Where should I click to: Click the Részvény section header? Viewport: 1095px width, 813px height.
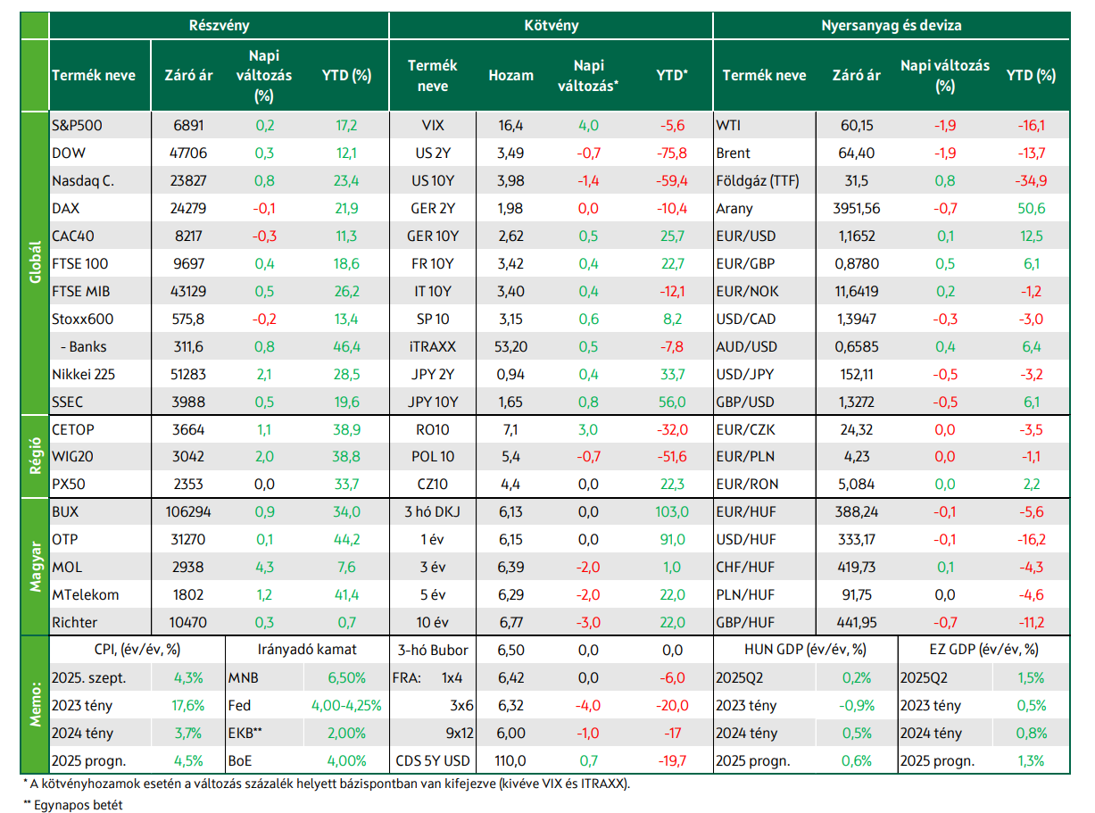point(219,25)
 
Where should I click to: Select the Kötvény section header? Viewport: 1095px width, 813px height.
point(551,25)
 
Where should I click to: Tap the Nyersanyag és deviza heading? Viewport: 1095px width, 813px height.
point(891,25)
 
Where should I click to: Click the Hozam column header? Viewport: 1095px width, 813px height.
point(510,75)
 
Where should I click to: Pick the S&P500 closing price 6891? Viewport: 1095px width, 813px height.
point(188,126)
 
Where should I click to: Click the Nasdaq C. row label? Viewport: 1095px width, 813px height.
point(83,181)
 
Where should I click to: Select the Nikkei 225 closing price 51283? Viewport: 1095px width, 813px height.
point(188,375)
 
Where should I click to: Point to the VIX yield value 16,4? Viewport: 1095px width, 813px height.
point(510,126)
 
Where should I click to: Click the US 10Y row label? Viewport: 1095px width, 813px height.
point(433,181)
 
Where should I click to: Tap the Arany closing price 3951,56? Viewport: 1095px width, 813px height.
point(856,209)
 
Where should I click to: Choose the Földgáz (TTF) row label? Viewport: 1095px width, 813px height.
point(758,181)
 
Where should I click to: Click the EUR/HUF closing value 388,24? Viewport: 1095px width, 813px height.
point(856,511)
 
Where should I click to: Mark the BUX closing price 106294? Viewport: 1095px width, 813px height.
point(188,511)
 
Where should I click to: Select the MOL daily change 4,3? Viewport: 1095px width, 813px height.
point(265,567)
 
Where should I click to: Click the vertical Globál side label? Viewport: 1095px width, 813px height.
point(35,262)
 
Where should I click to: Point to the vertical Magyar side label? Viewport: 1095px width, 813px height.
point(35,567)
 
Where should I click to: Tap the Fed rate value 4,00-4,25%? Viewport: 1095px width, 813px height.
point(346,705)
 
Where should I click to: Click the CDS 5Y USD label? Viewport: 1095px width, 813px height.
point(433,760)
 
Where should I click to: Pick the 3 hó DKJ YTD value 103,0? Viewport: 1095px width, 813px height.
point(672,511)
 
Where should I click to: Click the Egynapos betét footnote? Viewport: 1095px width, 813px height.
point(73,805)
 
